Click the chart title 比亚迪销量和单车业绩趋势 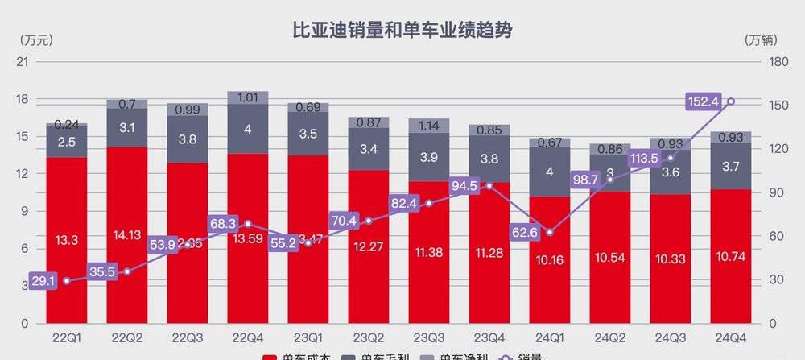tap(402, 31)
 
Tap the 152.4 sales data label tap(704, 101)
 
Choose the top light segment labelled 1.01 tap(248, 98)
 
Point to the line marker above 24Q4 tap(731, 101)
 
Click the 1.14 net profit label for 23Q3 tap(429, 125)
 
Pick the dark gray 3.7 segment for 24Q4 tap(731, 167)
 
